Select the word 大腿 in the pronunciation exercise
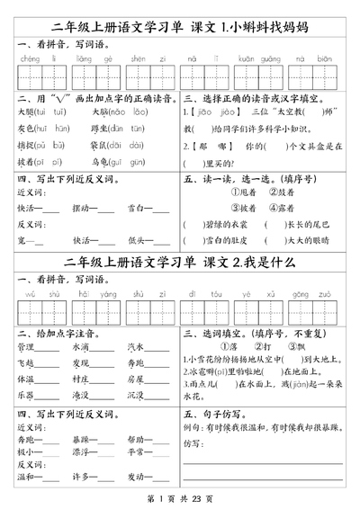26,113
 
